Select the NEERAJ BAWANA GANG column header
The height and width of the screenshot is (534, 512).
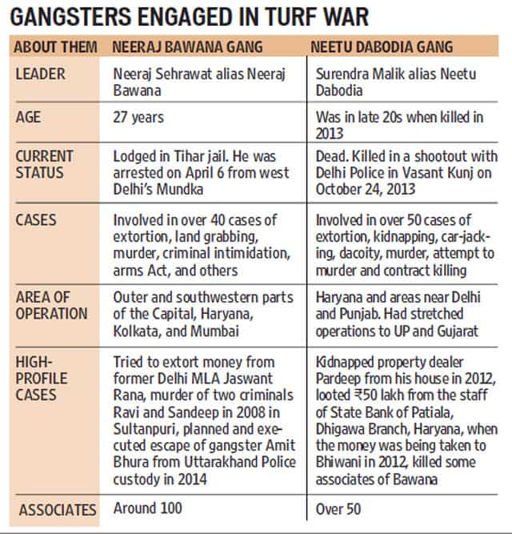point(187,46)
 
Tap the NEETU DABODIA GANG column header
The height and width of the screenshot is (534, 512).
point(382,46)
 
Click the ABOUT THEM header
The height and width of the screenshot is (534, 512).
point(55,46)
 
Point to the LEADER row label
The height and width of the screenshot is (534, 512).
point(40,74)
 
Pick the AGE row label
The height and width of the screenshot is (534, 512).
point(28,117)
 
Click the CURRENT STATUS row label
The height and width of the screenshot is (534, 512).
point(44,164)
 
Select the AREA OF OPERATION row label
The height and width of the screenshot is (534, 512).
point(51,306)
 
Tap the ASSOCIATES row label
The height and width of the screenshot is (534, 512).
point(58,510)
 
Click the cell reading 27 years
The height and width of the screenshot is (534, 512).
point(138,118)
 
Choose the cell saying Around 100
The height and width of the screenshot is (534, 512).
point(148,508)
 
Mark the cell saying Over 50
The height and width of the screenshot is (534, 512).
point(338,509)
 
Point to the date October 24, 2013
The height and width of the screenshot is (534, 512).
point(366,189)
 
